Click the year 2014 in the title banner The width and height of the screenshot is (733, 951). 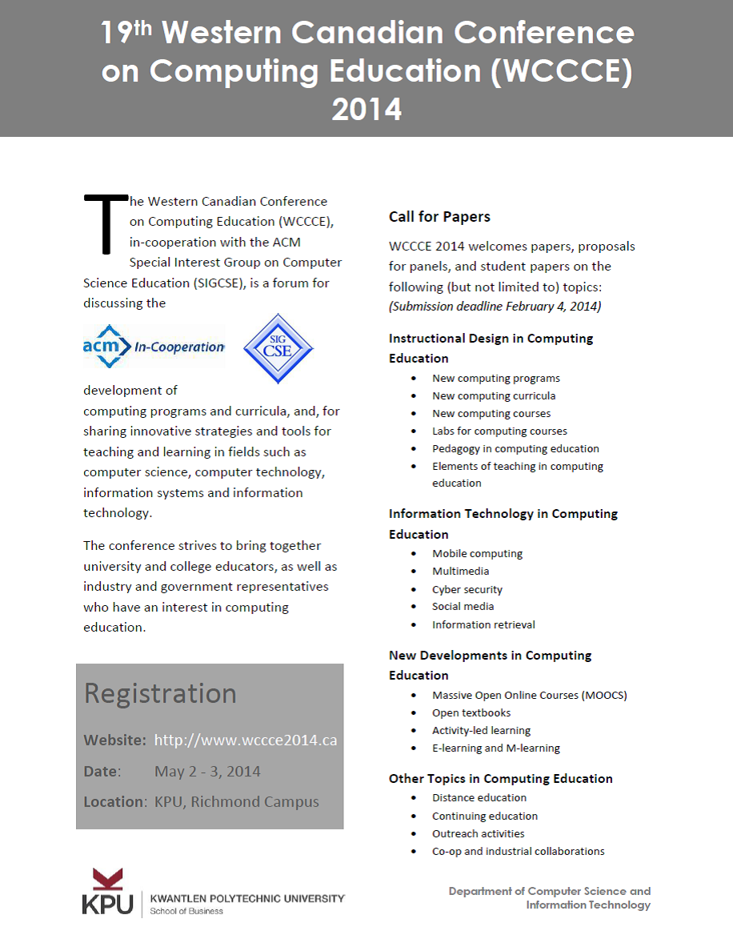pyautogui.click(x=366, y=109)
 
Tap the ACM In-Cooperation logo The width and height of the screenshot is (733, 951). pyautogui.click(x=154, y=347)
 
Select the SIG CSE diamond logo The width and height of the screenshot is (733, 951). pyautogui.click(x=278, y=348)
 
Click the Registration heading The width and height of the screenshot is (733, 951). pyautogui.click(x=160, y=693)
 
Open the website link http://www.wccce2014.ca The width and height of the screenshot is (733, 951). pyautogui.click(x=245, y=740)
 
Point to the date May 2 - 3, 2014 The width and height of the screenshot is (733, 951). pyautogui.click(x=207, y=772)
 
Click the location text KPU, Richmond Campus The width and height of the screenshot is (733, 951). pyautogui.click(x=237, y=802)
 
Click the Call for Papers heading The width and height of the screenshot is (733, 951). pyautogui.click(x=439, y=217)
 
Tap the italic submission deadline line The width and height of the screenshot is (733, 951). pyautogui.click(x=495, y=307)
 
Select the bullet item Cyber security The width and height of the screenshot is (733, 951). pyautogui.click(x=467, y=589)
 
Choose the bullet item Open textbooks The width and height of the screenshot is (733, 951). pyautogui.click(x=471, y=712)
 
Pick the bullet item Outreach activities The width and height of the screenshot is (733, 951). pyautogui.click(x=479, y=833)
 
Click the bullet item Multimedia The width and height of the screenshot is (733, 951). pyautogui.click(x=461, y=571)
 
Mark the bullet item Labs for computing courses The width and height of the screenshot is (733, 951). pyautogui.click(x=499, y=431)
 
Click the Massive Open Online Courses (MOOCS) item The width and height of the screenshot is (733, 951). pyautogui.click(x=529, y=695)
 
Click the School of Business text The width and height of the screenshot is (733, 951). pyautogui.click(x=187, y=911)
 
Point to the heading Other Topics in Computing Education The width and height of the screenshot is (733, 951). pyautogui.click(x=500, y=778)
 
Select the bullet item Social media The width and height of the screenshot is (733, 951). pyautogui.click(x=463, y=606)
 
